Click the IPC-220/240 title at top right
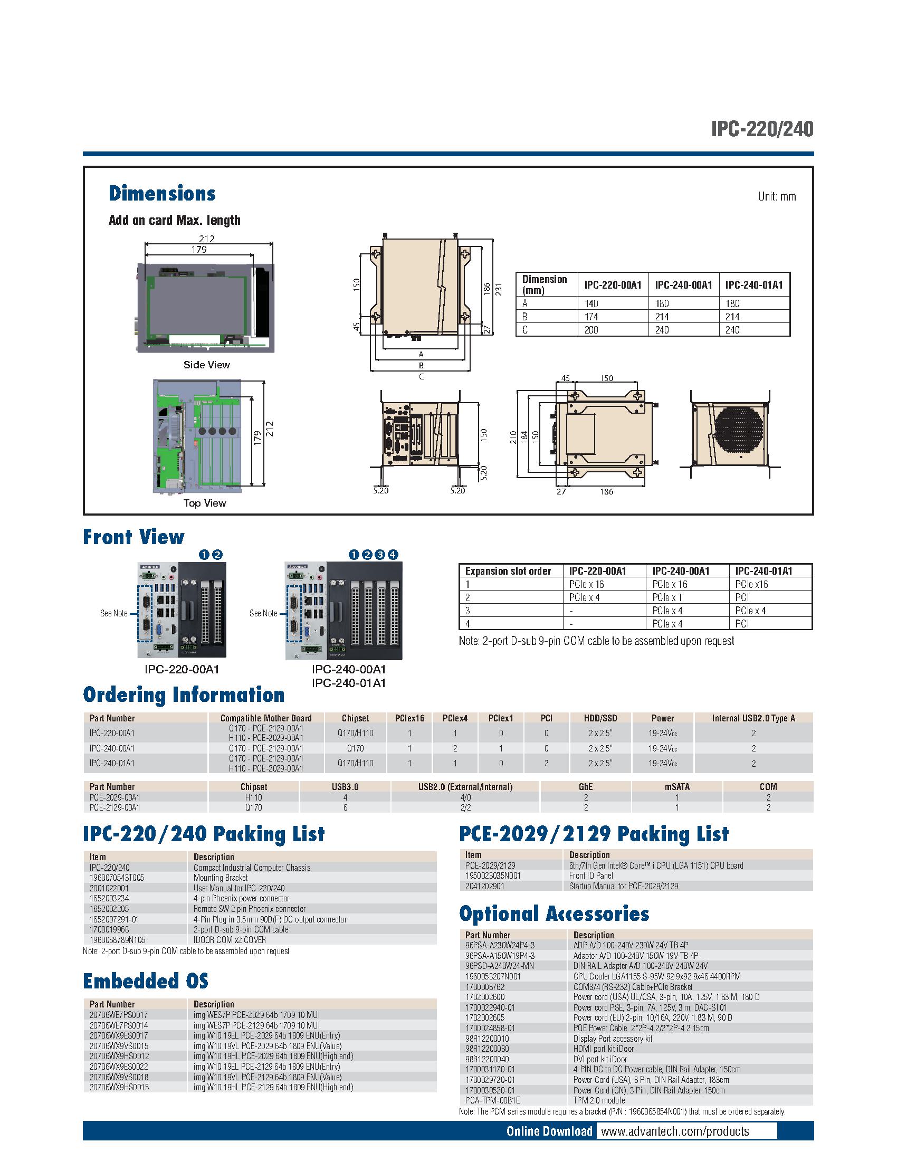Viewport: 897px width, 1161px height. click(762, 129)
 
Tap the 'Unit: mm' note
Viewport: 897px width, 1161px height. click(776, 197)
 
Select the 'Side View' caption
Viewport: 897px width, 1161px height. click(206, 365)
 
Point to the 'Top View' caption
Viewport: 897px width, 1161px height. click(205, 503)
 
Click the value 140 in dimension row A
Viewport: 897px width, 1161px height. click(591, 303)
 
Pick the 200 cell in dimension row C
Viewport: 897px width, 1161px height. click(591, 330)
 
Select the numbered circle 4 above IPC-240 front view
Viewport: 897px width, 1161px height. click(392, 555)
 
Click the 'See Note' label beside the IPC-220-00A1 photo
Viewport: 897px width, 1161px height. click(114, 613)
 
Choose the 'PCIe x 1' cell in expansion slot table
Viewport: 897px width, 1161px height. click(667, 597)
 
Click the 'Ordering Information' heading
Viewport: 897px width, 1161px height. click(183, 695)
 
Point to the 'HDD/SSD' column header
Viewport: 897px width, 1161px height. click(600, 718)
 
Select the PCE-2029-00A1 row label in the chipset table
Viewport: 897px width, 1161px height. click(115, 797)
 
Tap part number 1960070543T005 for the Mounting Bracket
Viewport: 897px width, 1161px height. click(117, 878)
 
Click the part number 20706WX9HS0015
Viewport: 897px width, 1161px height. click(119, 1087)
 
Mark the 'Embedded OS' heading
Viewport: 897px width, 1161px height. click(145, 981)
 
